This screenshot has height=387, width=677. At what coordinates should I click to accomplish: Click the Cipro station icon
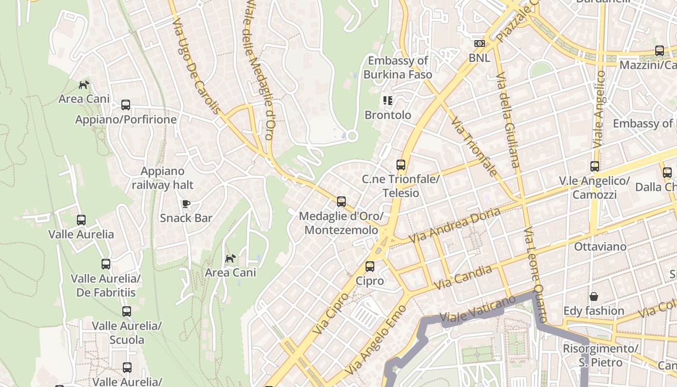370,266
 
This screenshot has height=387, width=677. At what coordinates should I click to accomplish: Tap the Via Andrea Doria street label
455,226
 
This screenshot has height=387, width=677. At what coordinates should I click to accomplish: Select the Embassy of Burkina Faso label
398,68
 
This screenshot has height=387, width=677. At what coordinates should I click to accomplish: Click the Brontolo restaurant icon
387,101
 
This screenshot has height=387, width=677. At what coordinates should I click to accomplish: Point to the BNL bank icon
479,44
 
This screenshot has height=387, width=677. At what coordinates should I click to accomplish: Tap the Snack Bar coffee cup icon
186,204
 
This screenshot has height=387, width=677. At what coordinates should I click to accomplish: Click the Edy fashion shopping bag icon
593,296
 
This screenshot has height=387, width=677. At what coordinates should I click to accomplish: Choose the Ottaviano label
600,247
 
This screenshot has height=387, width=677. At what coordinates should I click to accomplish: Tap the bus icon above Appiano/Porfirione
126,104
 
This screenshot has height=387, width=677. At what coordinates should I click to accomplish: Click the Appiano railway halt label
162,178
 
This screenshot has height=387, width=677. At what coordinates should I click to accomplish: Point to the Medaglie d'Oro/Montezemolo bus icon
341,202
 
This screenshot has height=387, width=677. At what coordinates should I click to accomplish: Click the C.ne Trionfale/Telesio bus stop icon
401,164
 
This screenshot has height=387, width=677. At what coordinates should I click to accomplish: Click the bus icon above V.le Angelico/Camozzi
595,166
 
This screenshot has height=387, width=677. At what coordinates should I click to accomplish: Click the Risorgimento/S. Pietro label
600,355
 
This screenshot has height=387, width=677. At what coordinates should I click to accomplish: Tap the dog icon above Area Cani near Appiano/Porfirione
84,85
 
